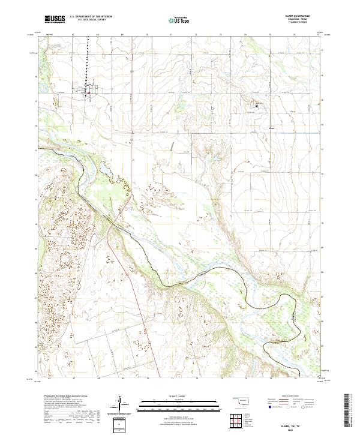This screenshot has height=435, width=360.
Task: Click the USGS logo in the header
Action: click(x=55, y=19)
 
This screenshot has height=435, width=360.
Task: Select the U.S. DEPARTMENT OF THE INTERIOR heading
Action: click(x=91, y=17)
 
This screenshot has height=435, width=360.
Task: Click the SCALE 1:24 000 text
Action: click(x=172, y=396)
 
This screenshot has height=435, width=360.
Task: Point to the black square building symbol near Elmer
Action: click(x=257, y=106)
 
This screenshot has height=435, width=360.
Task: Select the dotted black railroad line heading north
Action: click(x=91, y=60)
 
